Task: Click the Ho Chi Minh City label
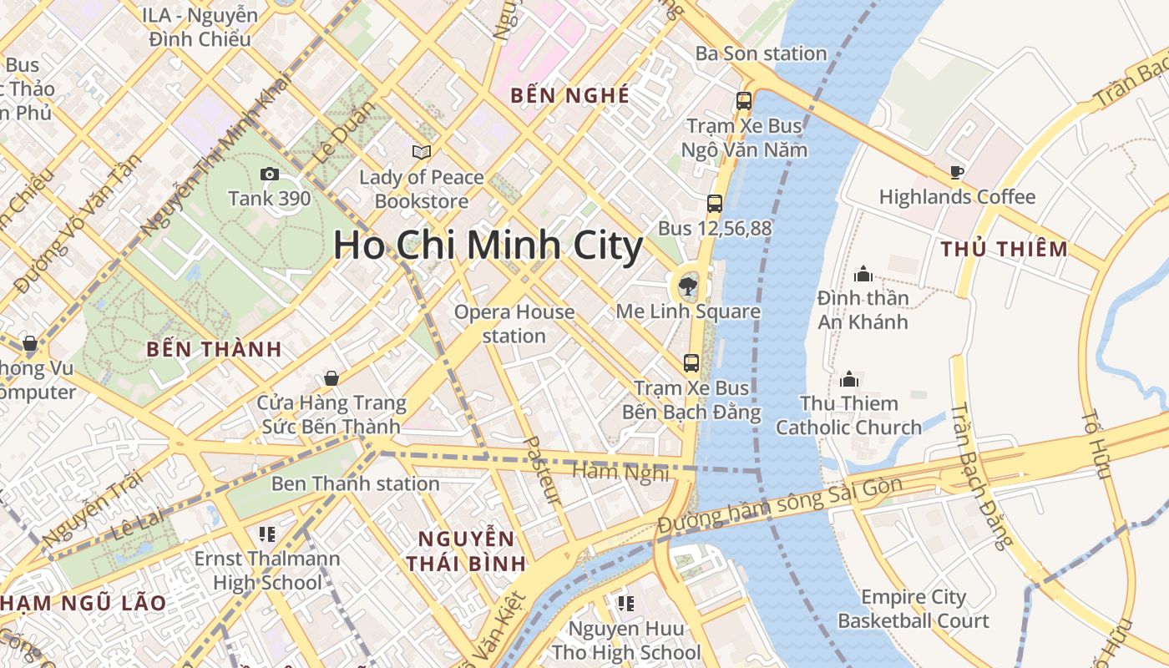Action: (x=488, y=245)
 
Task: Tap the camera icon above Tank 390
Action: (x=269, y=174)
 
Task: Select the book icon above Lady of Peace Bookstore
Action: (x=422, y=152)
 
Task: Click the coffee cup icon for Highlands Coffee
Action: (x=957, y=173)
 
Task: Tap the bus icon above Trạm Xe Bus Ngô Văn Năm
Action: (x=743, y=101)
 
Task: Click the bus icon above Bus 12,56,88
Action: (x=714, y=203)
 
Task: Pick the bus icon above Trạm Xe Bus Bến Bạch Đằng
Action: (x=691, y=362)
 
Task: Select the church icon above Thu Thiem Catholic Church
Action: (x=849, y=379)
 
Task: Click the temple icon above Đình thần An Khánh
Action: (x=863, y=273)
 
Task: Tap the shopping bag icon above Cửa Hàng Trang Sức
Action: (x=331, y=378)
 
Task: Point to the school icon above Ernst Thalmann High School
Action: (x=267, y=534)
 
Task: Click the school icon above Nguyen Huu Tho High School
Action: (x=625, y=603)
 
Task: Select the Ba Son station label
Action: (x=761, y=53)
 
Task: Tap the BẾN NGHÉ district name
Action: (x=570, y=95)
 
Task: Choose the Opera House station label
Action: (x=514, y=324)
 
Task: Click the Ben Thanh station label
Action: (x=355, y=483)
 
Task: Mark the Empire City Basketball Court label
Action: (x=913, y=609)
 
